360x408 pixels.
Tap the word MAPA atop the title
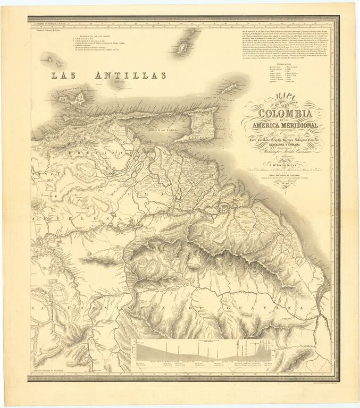point(276,97)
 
